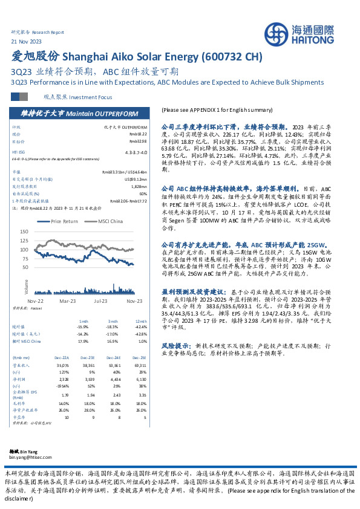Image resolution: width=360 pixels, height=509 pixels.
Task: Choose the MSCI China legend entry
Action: click(x=108, y=221)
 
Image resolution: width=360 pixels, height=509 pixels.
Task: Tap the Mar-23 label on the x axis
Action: click(x=67, y=300)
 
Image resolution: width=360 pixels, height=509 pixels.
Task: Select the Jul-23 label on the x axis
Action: click(x=100, y=300)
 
